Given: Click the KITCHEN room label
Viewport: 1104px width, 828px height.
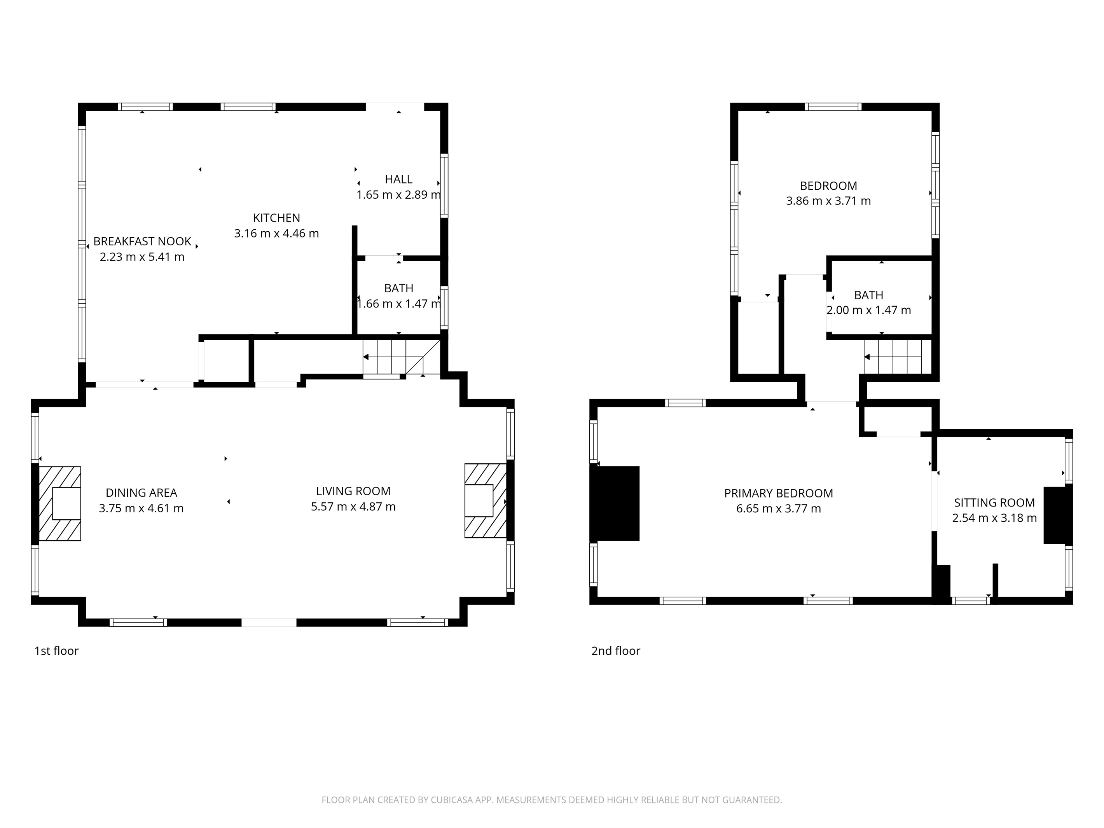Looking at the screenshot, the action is point(276,218).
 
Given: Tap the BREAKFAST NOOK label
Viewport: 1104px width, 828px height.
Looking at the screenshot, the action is point(142,241).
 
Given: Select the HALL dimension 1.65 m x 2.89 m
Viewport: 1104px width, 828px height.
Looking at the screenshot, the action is point(398,195).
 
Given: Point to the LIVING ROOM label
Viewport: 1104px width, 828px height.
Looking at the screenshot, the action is point(353,491).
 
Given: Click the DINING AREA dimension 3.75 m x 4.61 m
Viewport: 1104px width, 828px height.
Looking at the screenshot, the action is point(141,508).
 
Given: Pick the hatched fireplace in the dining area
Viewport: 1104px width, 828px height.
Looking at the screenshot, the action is point(60,503).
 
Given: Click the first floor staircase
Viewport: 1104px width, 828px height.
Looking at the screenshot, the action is point(401,357).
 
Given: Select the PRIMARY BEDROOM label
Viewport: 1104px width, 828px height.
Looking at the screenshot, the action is point(779,494).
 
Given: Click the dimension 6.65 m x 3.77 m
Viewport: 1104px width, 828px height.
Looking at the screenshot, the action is point(779,508).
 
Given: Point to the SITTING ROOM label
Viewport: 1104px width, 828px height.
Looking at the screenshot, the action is point(995,503).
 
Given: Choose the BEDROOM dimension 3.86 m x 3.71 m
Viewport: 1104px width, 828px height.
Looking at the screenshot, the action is point(828,201).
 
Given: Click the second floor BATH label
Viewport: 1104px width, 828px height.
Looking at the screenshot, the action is point(869,295).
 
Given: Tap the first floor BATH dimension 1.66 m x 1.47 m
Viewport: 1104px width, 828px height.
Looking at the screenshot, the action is point(399,304).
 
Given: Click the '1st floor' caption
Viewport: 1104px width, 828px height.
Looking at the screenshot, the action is point(56,651).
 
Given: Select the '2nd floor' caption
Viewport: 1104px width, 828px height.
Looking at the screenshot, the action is point(616,651).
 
